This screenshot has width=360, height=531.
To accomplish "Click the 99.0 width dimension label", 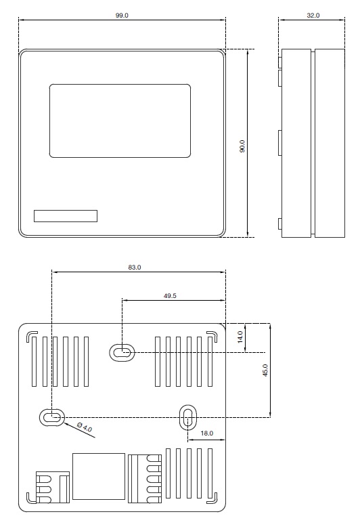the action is click(122, 15).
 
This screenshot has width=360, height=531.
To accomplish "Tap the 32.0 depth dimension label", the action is click(313, 15).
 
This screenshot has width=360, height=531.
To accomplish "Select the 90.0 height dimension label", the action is click(242, 146).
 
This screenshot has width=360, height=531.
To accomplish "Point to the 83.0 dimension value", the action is click(134, 267).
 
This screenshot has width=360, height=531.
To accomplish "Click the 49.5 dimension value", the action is click(170, 295).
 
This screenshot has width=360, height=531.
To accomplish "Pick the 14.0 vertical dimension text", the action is click(240, 337).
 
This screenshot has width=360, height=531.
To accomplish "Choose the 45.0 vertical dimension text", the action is click(265, 370).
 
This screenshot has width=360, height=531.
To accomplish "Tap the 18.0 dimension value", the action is click(207, 433).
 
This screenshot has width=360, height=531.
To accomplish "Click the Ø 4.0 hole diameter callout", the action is click(84, 427).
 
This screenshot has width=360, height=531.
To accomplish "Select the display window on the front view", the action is click(120, 121).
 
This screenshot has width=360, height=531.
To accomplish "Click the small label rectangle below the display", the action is click(66, 216).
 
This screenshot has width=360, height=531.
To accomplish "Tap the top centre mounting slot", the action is click(122, 352).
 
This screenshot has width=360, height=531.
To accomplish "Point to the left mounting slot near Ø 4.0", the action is click(51, 417).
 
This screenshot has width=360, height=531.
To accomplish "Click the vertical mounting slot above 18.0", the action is click(187, 417).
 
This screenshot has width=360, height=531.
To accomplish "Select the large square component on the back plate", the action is click(99, 477).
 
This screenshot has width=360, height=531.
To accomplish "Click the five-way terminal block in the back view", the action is click(145, 478).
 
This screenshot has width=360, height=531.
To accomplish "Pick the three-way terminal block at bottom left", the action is click(53, 488).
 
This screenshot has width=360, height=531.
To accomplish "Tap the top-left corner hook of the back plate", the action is click(31, 337).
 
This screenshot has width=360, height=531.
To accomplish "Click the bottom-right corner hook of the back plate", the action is click(212, 498).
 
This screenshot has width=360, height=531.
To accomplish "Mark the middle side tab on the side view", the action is click(280, 143).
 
